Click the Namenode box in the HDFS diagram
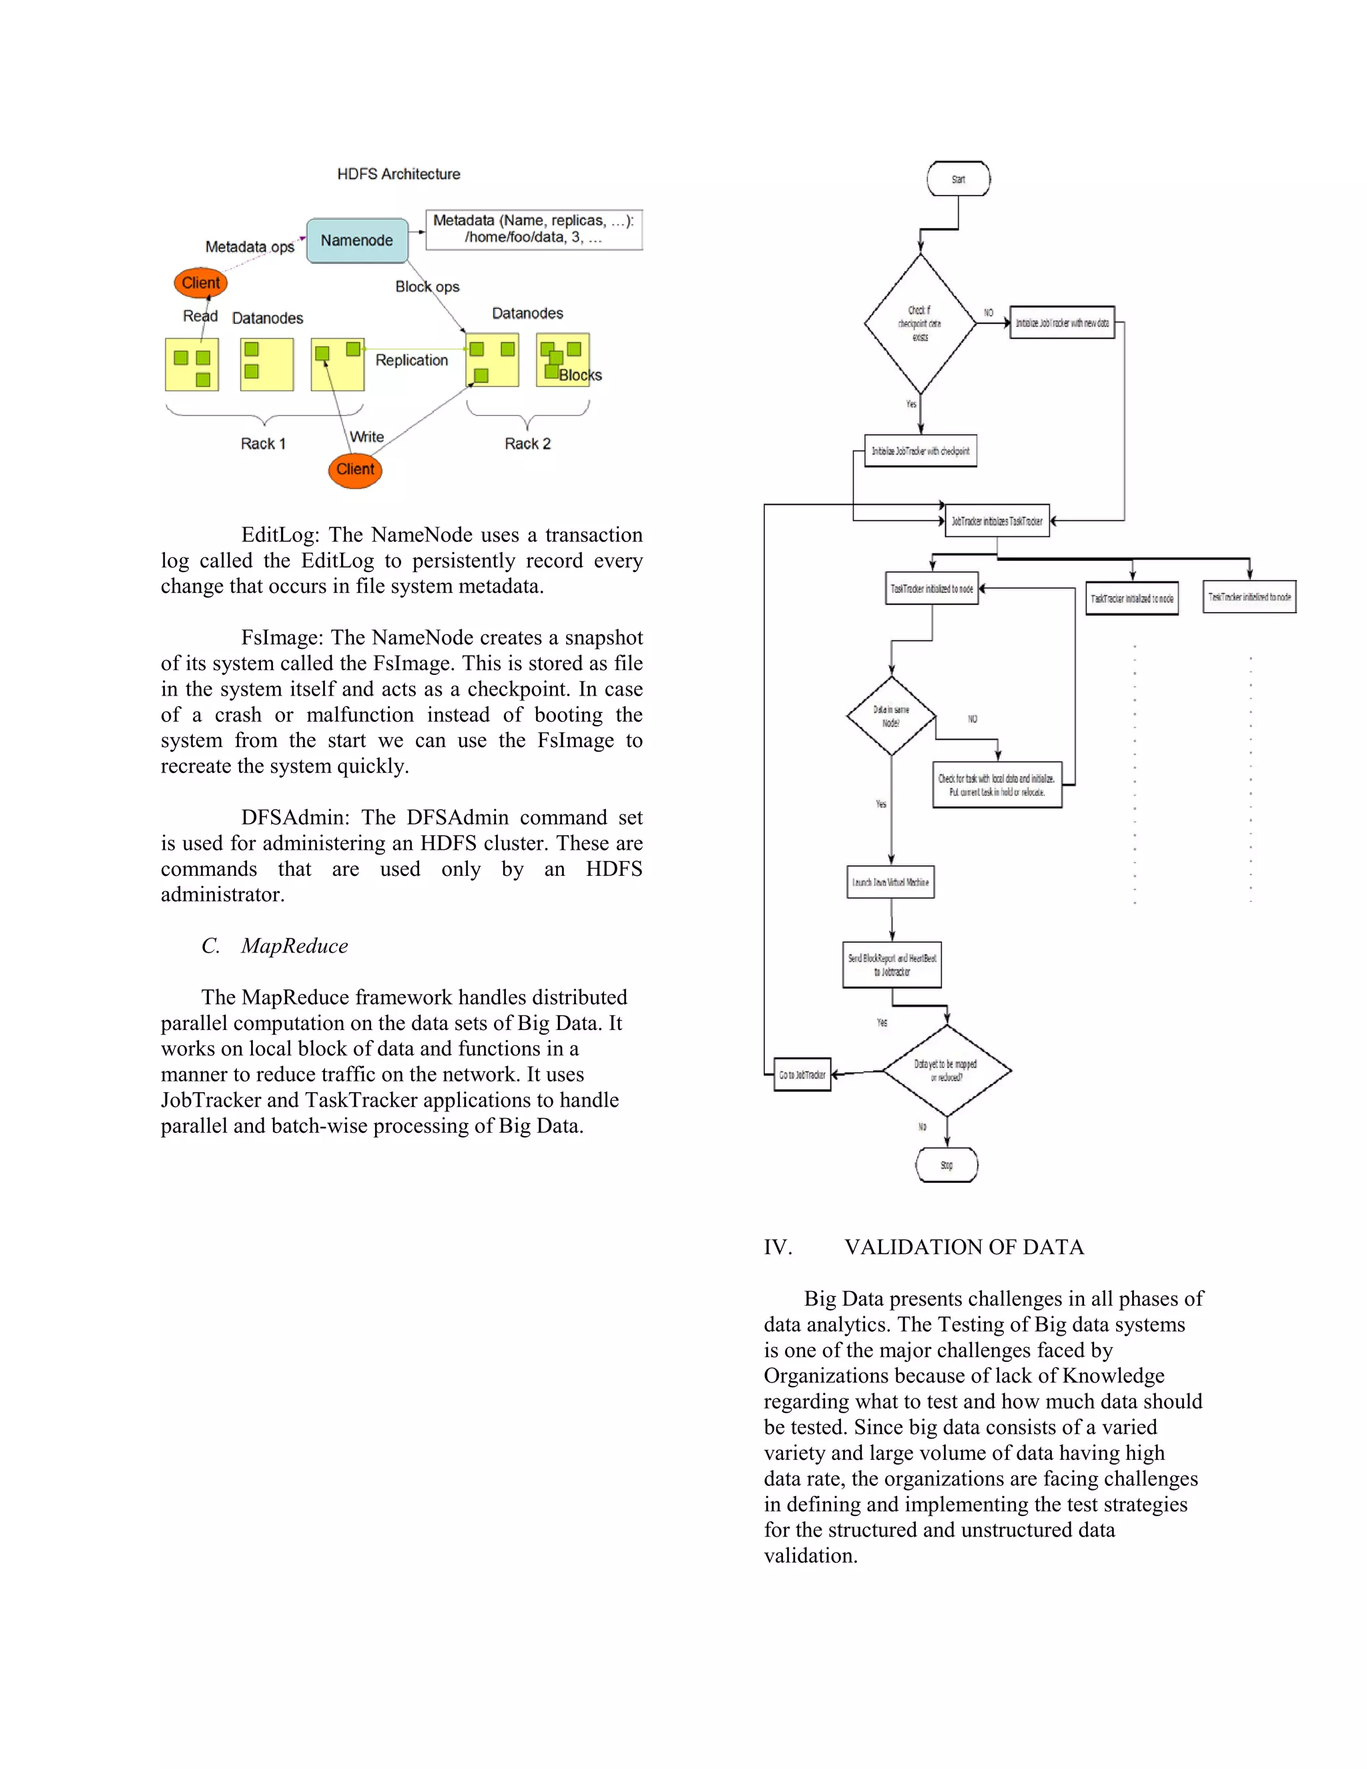356,240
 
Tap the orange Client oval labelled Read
200,282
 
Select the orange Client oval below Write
354,470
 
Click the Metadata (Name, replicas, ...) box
534,229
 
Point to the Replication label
411,360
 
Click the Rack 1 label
263,444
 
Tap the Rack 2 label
527,444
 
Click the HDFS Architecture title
398,174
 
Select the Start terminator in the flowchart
958,179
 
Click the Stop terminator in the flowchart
946,1165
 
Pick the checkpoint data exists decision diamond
919,323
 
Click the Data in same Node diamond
891,716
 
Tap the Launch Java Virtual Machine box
890,882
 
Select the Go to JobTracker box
802,1075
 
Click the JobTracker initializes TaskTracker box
997,521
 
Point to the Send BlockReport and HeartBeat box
892,965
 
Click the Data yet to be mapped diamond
946,1071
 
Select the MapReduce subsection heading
294,946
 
